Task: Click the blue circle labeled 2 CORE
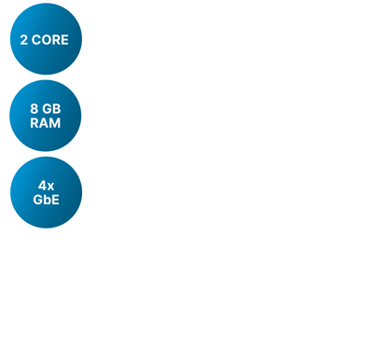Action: pos(46,39)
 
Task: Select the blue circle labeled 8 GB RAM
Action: pos(46,116)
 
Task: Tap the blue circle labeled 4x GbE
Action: pos(46,192)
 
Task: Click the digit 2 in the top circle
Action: pos(24,41)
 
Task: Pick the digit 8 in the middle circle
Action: pos(34,109)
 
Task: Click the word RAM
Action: pos(46,122)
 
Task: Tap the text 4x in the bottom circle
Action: pos(46,186)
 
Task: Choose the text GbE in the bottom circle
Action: pos(46,199)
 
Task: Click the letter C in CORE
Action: pos(37,41)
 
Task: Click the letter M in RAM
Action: pos(55,122)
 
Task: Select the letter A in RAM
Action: pos(45,122)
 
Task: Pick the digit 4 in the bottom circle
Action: pos(42,186)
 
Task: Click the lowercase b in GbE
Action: pos(47,199)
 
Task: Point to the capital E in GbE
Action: pos(55,199)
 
